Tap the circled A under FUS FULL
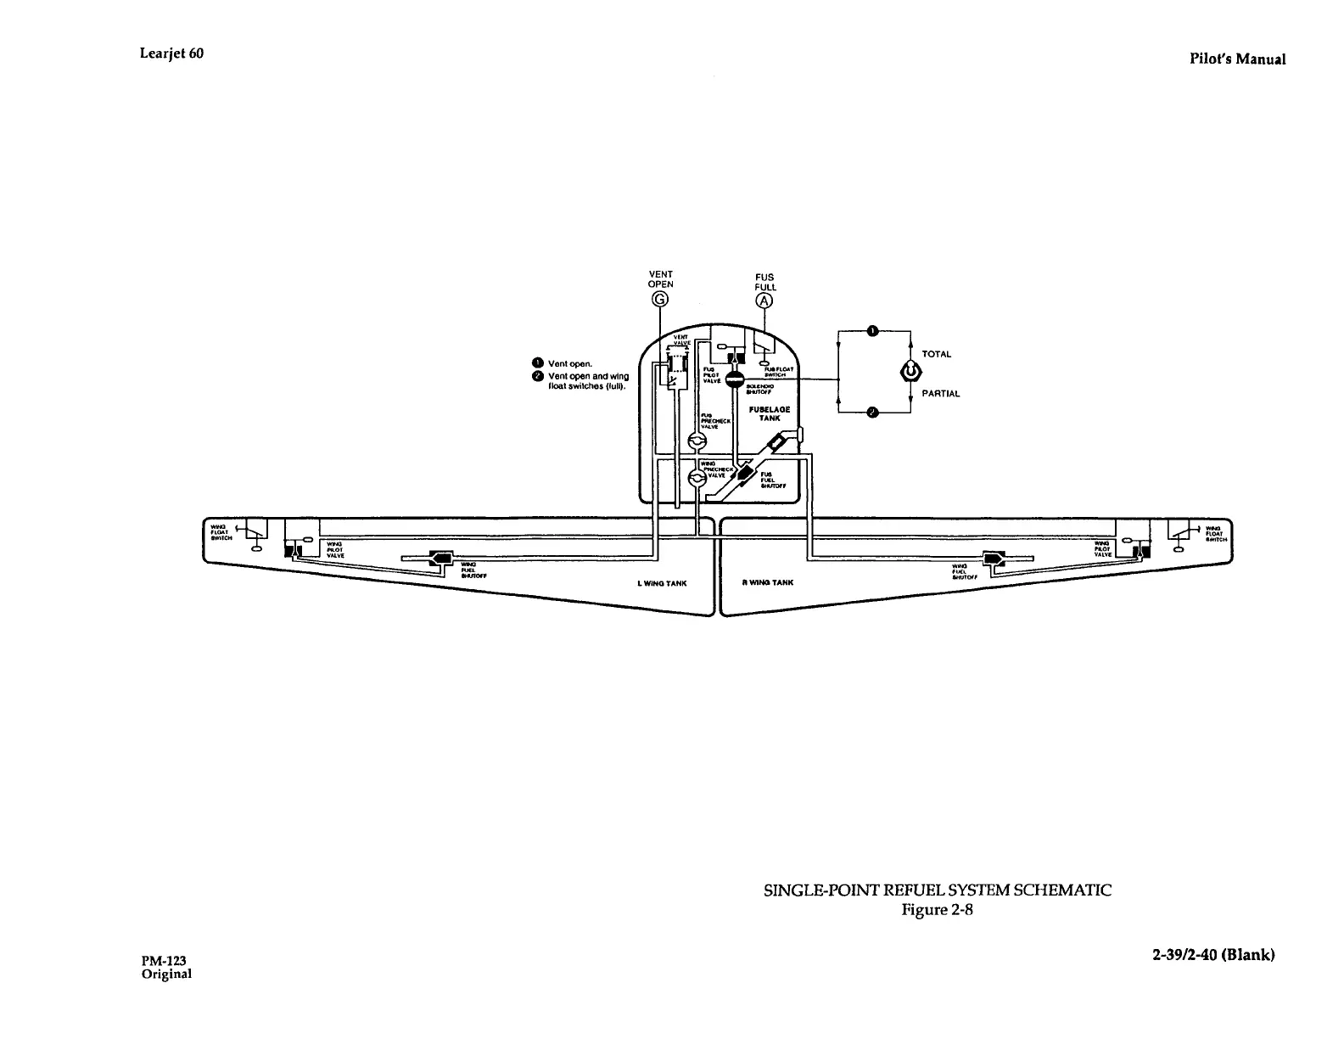click(765, 301)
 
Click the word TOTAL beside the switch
click(937, 354)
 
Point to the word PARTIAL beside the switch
click(941, 394)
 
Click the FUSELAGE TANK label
click(770, 413)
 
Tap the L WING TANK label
click(662, 584)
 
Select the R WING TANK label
click(766, 583)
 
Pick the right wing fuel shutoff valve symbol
click(993, 559)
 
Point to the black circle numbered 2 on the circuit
click(873, 413)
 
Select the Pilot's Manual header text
click(1236, 59)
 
